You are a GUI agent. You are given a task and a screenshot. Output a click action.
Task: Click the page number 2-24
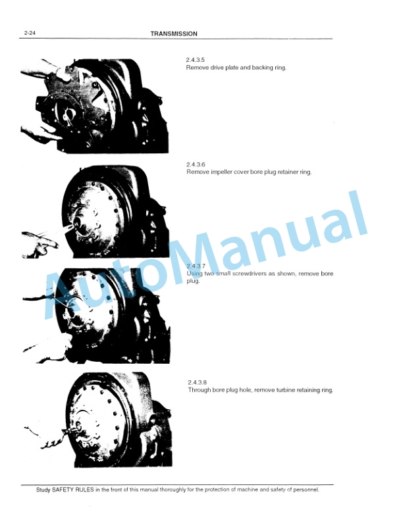29,34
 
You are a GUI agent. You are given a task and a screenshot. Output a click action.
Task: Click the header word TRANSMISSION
174,34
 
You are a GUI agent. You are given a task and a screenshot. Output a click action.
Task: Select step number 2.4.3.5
197,60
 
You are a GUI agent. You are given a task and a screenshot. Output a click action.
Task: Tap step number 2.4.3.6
197,164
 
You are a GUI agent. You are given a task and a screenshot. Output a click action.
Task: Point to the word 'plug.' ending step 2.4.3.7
194,281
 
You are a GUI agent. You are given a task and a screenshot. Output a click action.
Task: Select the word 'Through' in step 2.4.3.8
200,390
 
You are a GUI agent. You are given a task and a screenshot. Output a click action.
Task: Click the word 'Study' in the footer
44,489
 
